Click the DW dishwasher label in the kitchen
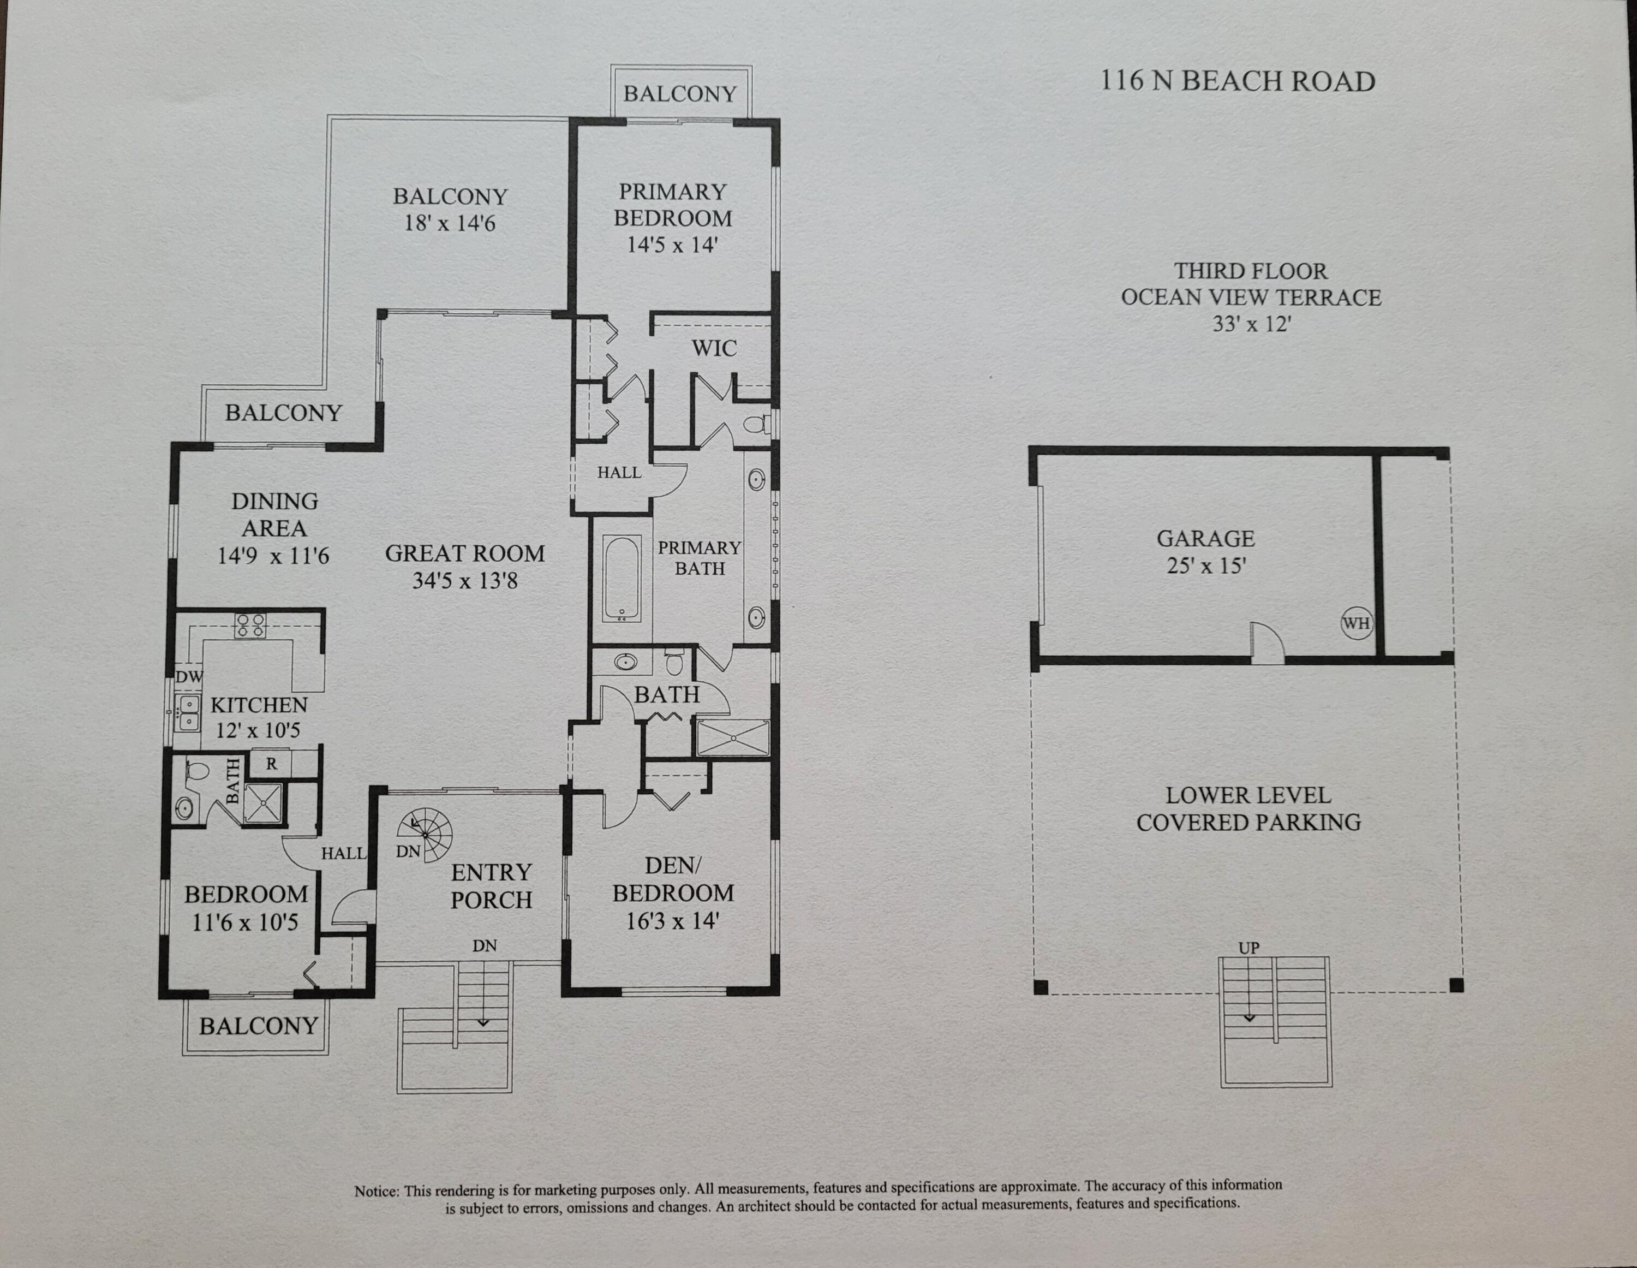click(188, 676)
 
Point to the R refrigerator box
click(271, 764)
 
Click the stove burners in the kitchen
click(249, 626)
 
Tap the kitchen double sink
click(187, 713)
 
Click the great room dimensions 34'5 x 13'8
click(465, 580)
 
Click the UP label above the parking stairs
click(1248, 948)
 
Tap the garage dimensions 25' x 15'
click(1205, 565)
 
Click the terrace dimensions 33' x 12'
click(1251, 324)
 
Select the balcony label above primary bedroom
click(680, 94)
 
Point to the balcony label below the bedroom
click(259, 1026)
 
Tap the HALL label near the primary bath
click(619, 472)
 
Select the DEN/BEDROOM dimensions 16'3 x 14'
click(672, 921)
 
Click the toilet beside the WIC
click(756, 425)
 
